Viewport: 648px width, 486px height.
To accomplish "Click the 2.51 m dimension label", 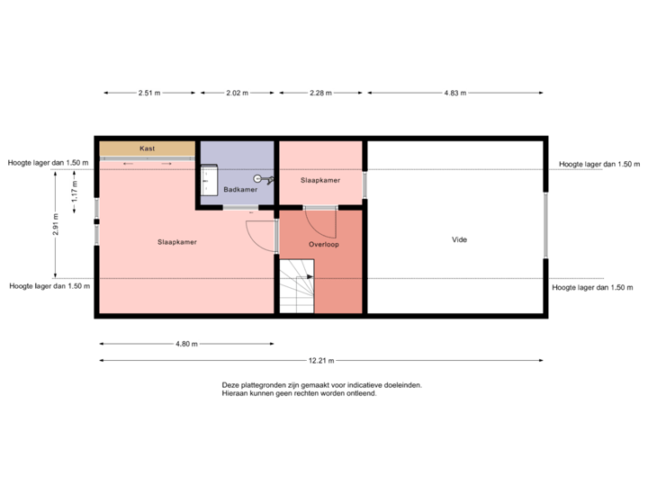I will [x=149, y=93].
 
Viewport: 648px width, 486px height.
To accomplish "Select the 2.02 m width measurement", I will [x=237, y=93].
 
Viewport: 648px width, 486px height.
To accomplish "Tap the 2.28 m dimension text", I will [x=319, y=93].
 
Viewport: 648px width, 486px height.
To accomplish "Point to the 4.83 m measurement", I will [x=455, y=93].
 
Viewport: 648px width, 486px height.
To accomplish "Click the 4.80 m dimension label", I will [x=186, y=344].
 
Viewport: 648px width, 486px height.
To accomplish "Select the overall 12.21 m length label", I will [x=321, y=361].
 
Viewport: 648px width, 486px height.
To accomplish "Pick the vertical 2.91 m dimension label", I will [x=56, y=223].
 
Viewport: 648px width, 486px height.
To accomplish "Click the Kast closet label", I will [x=147, y=148].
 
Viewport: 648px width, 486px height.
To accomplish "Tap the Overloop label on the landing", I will [x=322, y=244].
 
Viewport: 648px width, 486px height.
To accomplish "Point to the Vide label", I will [x=459, y=239].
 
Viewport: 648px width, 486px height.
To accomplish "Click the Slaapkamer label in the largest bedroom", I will [x=177, y=242].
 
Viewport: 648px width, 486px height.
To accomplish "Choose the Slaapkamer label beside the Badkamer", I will [x=319, y=181].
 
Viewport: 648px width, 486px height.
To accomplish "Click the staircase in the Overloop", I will [x=296, y=287].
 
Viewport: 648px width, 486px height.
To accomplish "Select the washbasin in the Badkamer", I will [x=209, y=179].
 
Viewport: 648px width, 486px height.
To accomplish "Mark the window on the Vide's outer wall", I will [x=544, y=224].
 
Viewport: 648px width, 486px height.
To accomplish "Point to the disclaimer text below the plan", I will [x=321, y=389].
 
